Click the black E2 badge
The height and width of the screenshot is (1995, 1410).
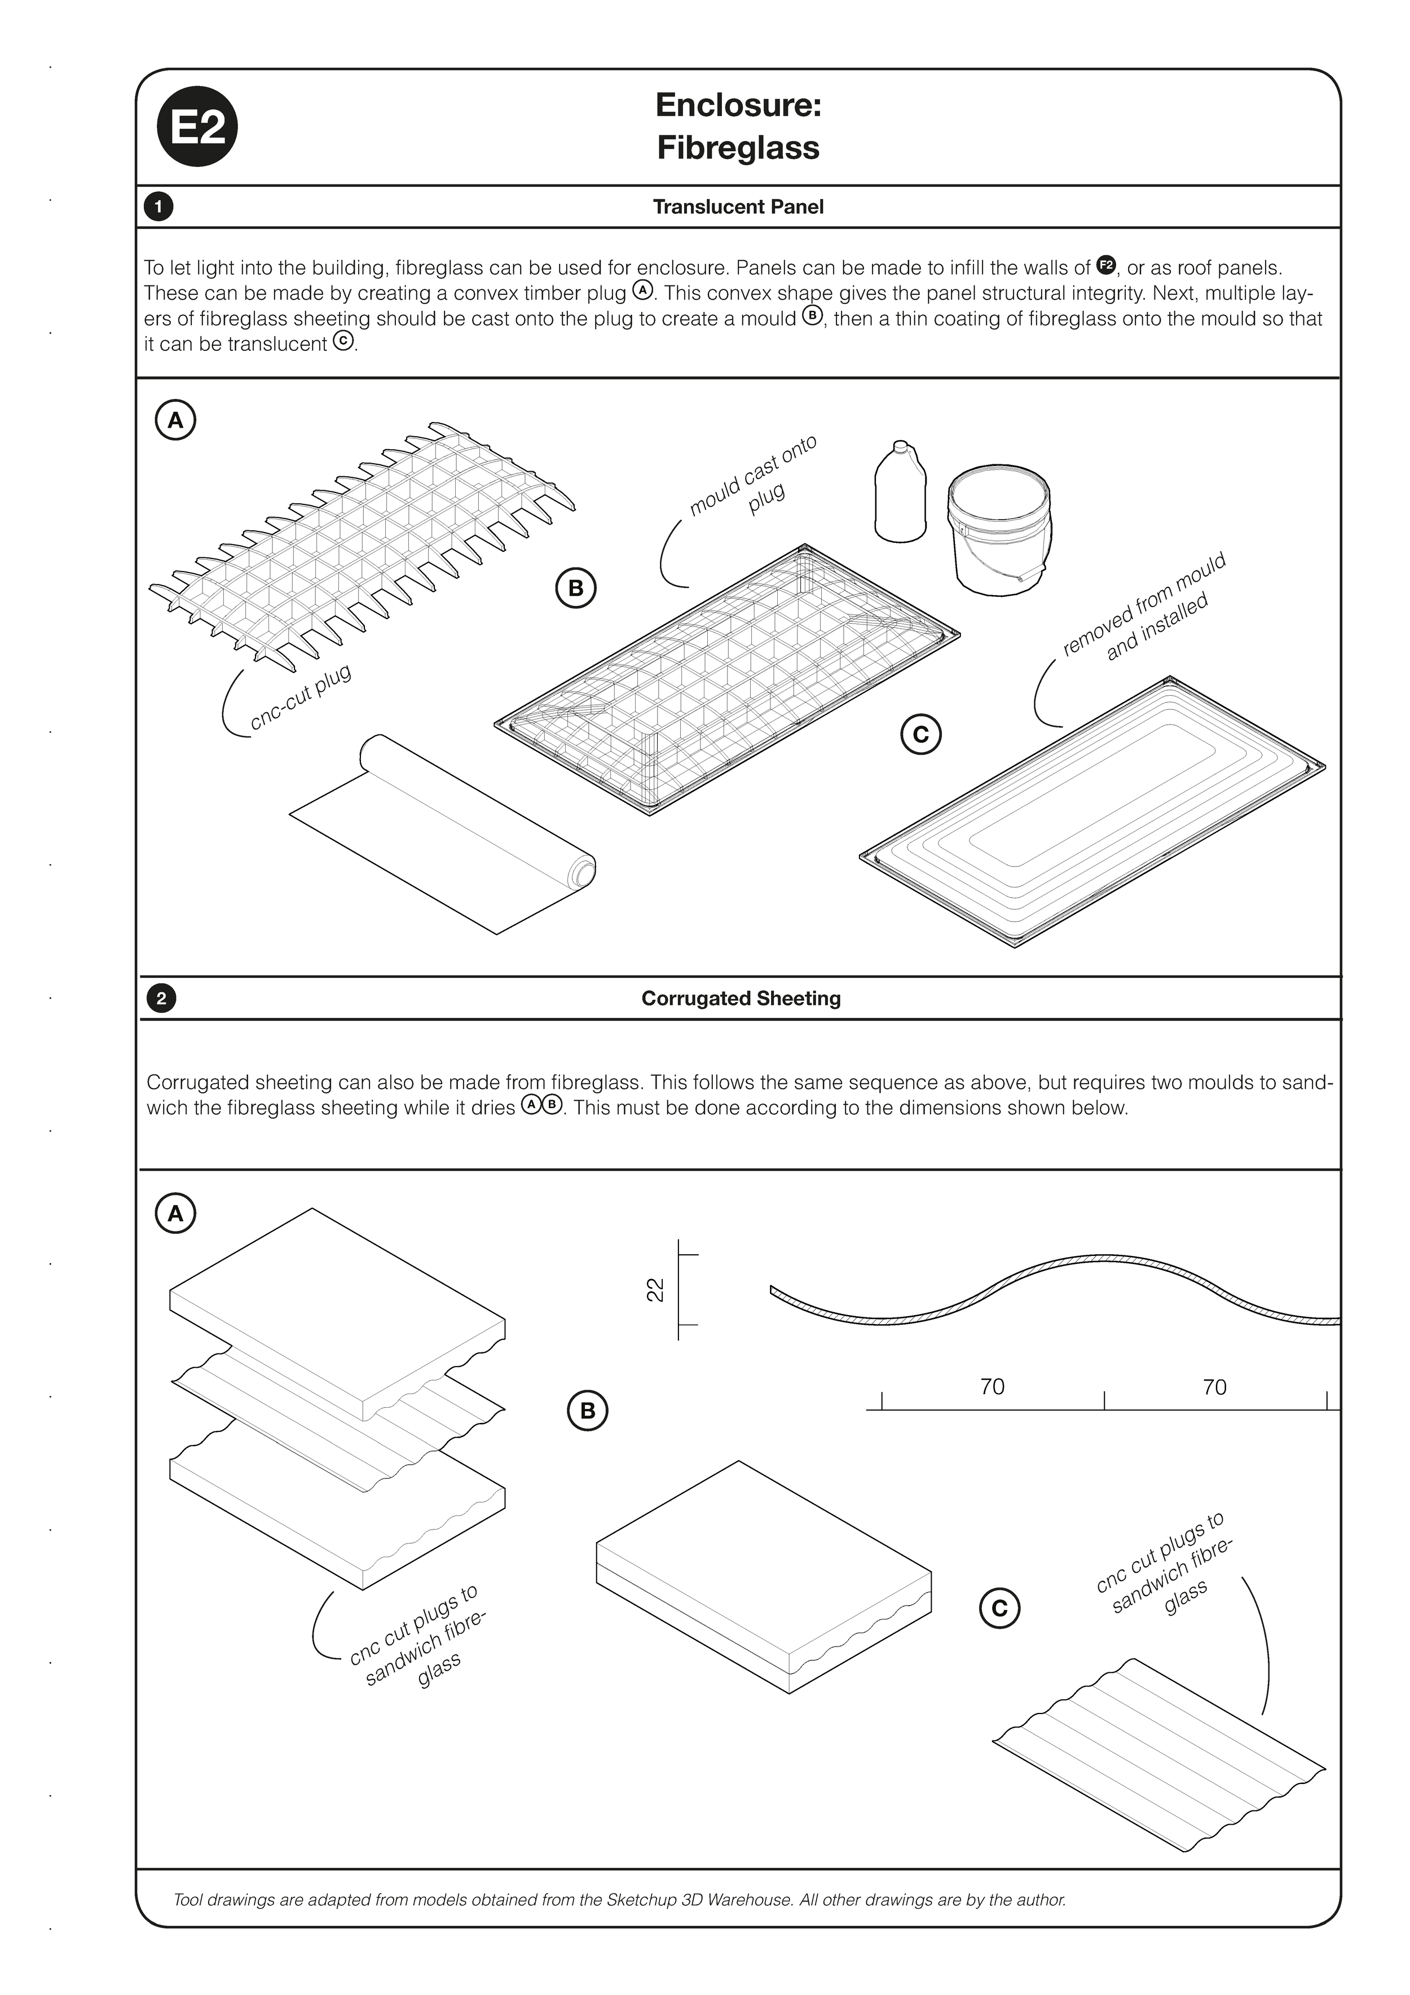197,127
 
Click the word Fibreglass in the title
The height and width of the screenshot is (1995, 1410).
738,148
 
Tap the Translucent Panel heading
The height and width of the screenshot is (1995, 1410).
738,207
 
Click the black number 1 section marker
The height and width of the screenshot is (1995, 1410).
158,207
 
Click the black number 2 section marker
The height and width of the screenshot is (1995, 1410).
161,999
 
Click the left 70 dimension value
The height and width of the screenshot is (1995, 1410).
992,1387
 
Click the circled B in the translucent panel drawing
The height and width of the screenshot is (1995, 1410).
575,588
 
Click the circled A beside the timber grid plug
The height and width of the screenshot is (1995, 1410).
175,420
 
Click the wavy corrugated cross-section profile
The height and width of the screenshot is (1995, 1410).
1056,1286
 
